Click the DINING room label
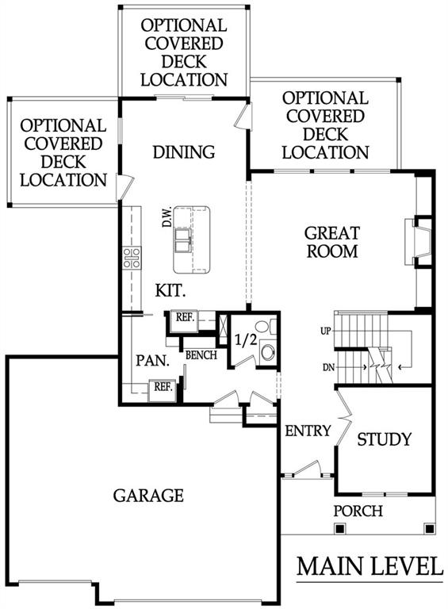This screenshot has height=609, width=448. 184,152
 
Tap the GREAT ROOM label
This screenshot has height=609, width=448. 332,243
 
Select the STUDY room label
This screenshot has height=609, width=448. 384,439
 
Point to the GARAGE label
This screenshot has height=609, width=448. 148,496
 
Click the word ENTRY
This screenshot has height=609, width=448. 308,431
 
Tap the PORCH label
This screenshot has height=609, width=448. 358,511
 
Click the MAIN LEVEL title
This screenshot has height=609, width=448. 370,566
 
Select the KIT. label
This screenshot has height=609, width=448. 170,290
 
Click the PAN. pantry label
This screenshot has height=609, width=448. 152,361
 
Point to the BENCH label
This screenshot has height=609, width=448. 201,355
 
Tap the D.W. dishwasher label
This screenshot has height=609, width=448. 167,217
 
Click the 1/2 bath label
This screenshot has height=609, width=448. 246,340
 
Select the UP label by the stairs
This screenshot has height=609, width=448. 326,331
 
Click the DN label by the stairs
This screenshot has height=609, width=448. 328,367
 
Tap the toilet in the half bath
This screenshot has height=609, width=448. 266,326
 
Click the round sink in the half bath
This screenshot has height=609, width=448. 268,352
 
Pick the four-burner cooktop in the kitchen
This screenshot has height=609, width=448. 132,258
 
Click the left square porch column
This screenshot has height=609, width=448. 339,528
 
